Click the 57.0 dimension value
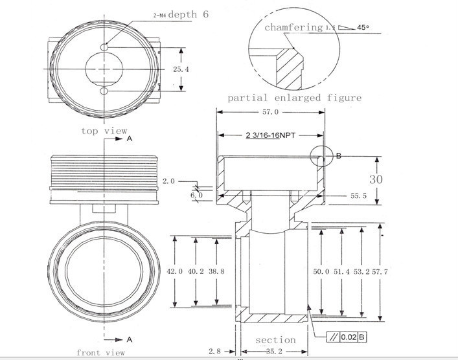click(269, 112)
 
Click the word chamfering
click(293, 27)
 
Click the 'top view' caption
click(104, 131)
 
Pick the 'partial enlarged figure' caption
click(294, 98)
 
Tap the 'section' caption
click(275, 340)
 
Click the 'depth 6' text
click(189, 14)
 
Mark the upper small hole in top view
click(104, 47)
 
